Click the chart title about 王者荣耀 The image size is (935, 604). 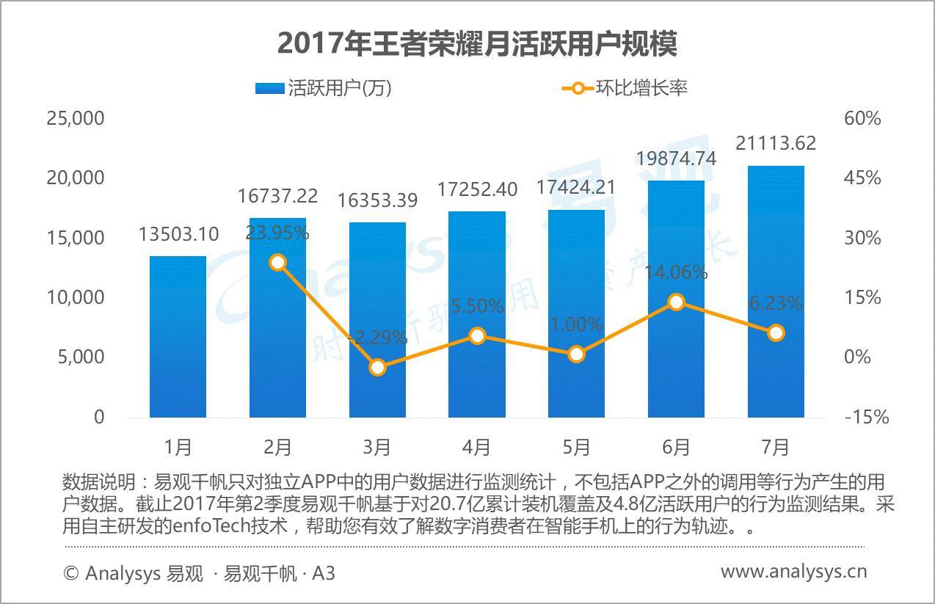tap(477, 44)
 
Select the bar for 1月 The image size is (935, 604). tap(178, 337)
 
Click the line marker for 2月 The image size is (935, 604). tap(277, 262)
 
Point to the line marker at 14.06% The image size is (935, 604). tap(676, 302)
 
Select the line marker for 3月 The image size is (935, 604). tap(377, 367)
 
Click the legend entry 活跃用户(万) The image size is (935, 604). tap(323, 88)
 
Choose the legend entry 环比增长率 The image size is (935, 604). tap(625, 88)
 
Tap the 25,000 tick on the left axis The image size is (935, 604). tap(75, 118)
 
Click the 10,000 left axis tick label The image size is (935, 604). tap(75, 297)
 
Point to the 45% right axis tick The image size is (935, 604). tap(863, 178)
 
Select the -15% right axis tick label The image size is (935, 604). tap(866, 417)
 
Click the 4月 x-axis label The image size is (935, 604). tap(476, 446)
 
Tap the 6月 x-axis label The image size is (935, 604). tap(676, 446)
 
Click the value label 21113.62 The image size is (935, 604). tap(776, 143)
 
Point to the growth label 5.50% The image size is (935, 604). tap(477, 306)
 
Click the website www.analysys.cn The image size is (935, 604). tap(793, 571)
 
